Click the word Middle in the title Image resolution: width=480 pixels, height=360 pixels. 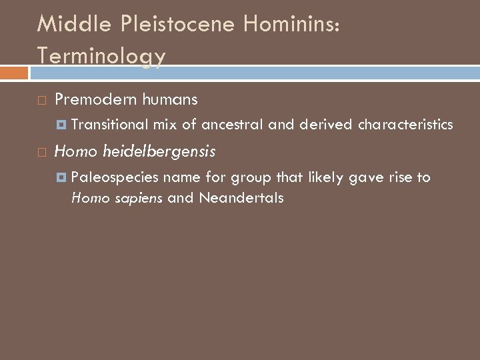(67, 24)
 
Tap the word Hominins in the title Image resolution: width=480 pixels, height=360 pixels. (292, 24)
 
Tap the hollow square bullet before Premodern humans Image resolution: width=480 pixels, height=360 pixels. (41, 101)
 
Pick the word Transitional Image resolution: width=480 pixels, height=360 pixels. (109, 125)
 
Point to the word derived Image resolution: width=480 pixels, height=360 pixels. (327, 125)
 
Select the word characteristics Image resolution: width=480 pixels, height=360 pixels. (405, 125)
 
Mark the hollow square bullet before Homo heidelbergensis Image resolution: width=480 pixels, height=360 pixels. (41, 153)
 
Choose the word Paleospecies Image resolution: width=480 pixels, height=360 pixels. (115, 177)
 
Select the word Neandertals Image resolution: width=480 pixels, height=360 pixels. (241, 198)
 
